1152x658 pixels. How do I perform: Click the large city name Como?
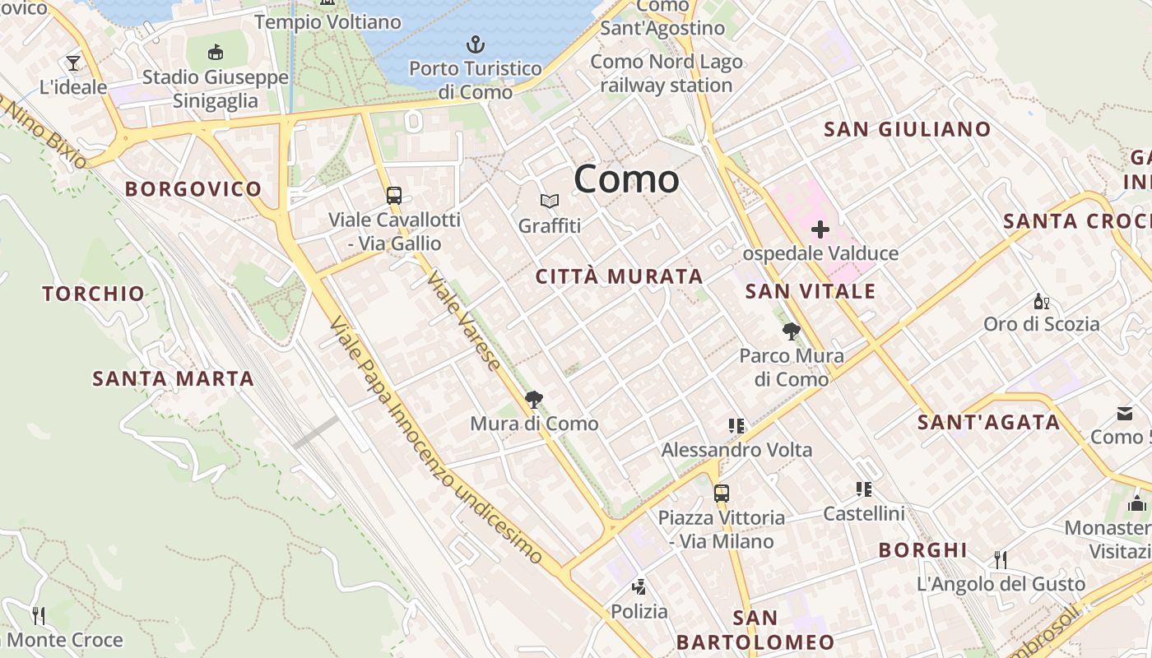click(x=626, y=178)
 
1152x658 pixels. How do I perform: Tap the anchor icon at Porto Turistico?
click(x=475, y=44)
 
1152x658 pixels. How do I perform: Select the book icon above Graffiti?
click(x=549, y=201)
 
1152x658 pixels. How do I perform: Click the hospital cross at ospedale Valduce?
click(x=820, y=229)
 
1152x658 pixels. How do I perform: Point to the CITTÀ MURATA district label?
click(x=619, y=277)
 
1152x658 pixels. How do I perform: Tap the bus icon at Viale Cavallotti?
click(x=394, y=196)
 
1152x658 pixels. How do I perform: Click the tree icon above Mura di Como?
click(x=534, y=400)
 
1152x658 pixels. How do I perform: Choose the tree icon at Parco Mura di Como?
click(x=791, y=331)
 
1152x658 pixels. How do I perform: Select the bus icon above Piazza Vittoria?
click(x=721, y=493)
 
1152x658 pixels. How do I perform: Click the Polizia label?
click(x=639, y=612)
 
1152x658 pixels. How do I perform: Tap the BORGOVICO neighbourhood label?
click(x=193, y=189)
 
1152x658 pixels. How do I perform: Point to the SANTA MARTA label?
click(x=173, y=379)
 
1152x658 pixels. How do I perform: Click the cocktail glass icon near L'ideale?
click(x=73, y=63)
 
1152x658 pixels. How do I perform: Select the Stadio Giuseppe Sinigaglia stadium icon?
click(x=215, y=53)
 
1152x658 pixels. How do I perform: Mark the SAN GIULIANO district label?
click(x=907, y=129)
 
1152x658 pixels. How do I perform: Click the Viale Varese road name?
click(x=463, y=321)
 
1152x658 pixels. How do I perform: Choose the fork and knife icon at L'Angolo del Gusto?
click(x=1001, y=560)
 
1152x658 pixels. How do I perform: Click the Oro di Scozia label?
click(x=1041, y=324)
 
